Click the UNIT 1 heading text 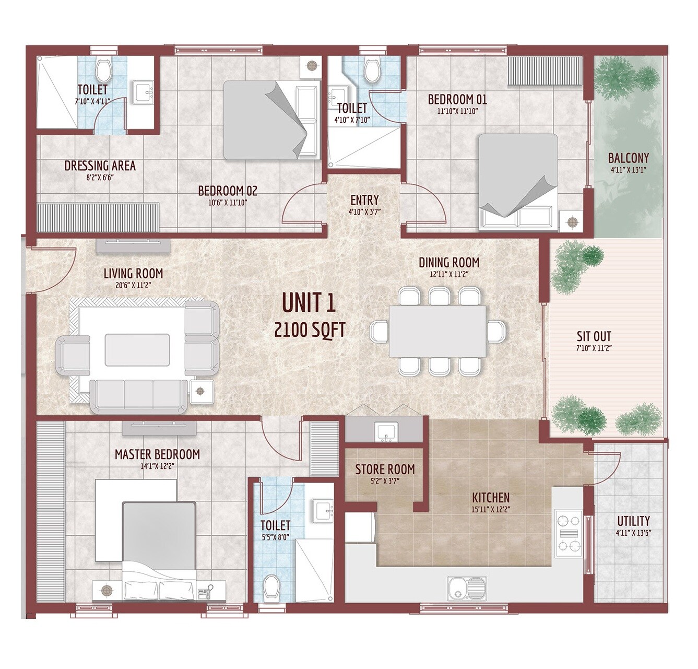(309, 303)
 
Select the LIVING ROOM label (133, 273)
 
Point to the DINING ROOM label (449, 262)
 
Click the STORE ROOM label (385, 469)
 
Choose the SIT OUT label (594, 336)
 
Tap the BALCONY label (629, 158)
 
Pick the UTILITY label (633, 521)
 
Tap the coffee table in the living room (137, 350)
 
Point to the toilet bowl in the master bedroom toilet (271, 587)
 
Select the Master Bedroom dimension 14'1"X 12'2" (157, 466)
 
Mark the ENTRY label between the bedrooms (364, 200)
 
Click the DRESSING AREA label (100, 166)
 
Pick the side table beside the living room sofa (201, 391)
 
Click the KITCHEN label (490, 497)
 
